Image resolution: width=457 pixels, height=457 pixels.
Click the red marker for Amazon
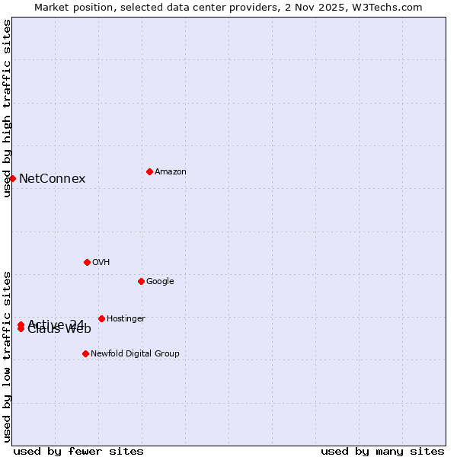[x=149, y=171]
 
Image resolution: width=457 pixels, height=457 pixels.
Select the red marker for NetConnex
[x=13, y=178]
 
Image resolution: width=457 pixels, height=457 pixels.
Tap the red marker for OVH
[x=87, y=262]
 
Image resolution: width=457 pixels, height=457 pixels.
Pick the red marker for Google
[x=141, y=281]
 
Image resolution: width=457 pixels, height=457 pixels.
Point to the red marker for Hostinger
[x=101, y=318]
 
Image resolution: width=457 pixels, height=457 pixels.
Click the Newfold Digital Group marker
[x=85, y=353]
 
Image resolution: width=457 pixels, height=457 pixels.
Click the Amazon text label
[x=171, y=172]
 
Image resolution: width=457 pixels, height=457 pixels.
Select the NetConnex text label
[x=52, y=179]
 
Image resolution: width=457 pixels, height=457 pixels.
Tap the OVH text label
[x=101, y=263]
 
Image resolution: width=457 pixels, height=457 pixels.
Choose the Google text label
[x=160, y=282]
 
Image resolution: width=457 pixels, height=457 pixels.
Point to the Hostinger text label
[x=126, y=319]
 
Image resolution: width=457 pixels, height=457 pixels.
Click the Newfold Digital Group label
[x=135, y=354]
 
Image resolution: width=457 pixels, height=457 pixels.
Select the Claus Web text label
[x=59, y=330]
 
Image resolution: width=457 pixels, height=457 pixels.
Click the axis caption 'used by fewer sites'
[x=78, y=451]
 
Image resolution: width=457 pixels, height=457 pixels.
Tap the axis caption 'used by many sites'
[x=382, y=451]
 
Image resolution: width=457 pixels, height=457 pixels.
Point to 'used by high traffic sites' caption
[x=7, y=108]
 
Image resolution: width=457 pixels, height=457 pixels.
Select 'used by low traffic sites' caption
[x=7, y=356]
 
